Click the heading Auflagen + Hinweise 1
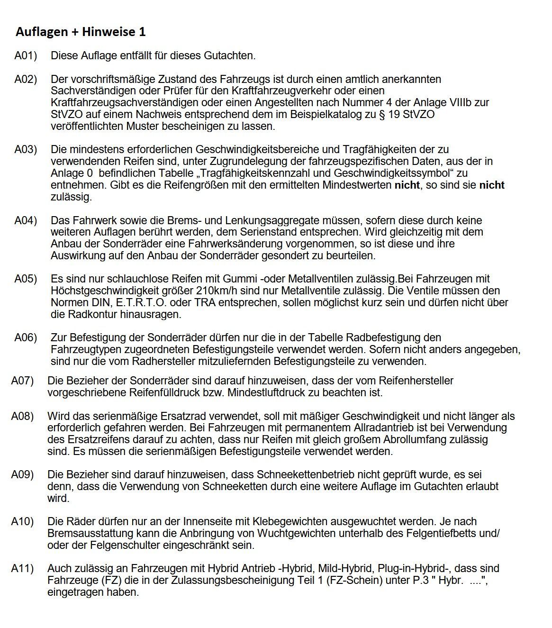(81, 32)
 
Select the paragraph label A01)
(26, 56)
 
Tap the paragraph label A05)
(26, 279)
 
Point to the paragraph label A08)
(22, 416)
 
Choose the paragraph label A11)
(22, 568)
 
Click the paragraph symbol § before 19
(381, 114)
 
